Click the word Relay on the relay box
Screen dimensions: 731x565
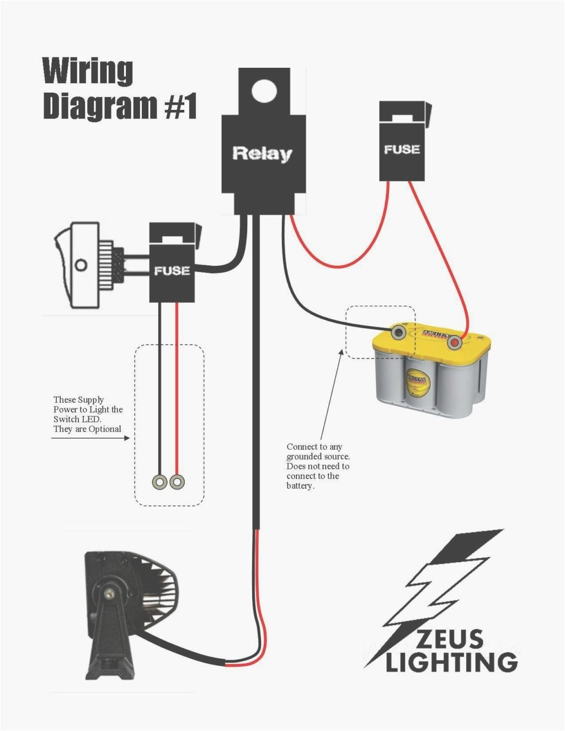(x=263, y=153)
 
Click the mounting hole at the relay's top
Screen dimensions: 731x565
(x=264, y=89)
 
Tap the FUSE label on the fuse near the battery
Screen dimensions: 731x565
(x=402, y=149)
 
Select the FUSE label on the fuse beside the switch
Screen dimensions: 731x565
(x=172, y=270)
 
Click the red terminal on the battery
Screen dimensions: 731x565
(x=455, y=343)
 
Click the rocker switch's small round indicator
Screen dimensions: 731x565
(x=81, y=265)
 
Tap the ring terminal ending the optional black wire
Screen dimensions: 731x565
(x=159, y=482)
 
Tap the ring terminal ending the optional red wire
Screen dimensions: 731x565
(x=177, y=482)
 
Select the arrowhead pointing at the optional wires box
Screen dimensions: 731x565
(x=127, y=438)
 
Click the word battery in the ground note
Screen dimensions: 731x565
(x=300, y=485)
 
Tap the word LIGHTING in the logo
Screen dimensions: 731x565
(x=451, y=661)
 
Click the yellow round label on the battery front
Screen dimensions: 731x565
(x=418, y=382)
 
